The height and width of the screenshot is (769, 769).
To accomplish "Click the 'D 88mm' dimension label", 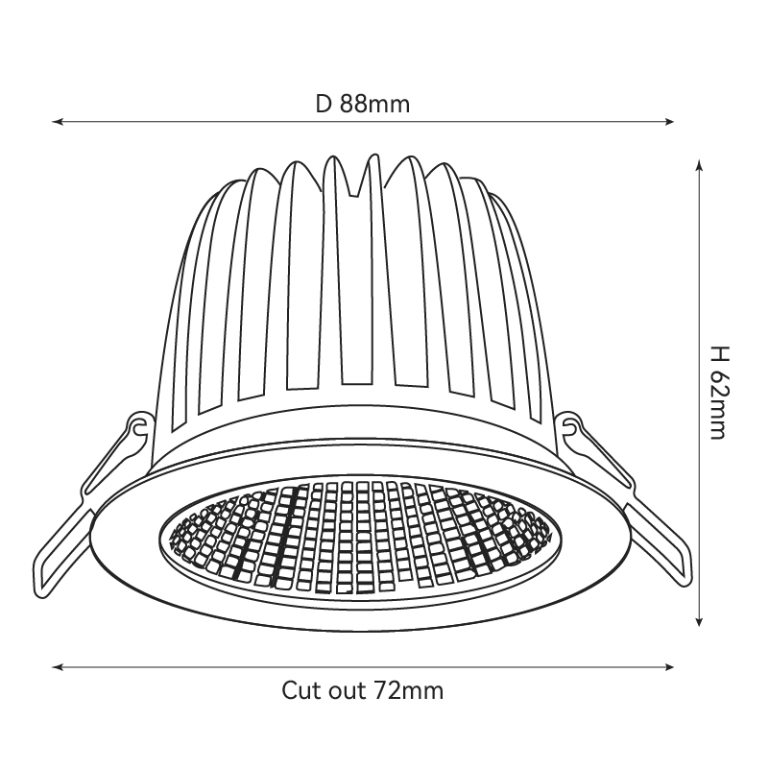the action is [x=363, y=104].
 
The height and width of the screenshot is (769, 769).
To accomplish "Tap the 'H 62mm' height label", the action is [x=720, y=393].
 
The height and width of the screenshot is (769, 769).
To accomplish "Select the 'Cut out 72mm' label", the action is [x=363, y=690].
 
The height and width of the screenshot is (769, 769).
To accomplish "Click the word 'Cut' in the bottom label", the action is [x=300, y=690].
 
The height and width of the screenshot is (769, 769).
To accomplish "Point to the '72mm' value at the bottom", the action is [x=409, y=690].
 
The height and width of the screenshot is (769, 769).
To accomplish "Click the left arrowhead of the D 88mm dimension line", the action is [x=58, y=121].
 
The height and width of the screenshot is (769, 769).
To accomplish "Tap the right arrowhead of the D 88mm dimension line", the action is [x=668, y=121].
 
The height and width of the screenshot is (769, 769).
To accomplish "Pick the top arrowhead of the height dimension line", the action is [x=699, y=165].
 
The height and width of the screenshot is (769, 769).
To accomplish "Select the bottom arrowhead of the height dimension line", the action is [x=699, y=621].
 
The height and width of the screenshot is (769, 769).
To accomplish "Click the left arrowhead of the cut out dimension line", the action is [x=58, y=667].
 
